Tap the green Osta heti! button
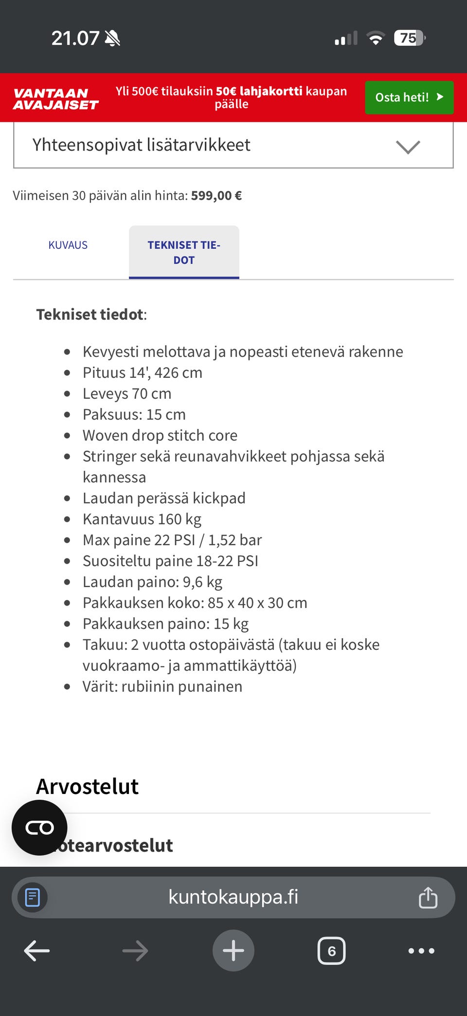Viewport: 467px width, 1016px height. pyautogui.click(x=409, y=97)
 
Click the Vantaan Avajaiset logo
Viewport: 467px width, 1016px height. pyautogui.click(x=55, y=99)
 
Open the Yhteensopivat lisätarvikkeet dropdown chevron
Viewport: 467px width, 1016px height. pyautogui.click(x=408, y=147)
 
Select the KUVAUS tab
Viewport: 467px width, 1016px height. pyautogui.click(x=68, y=245)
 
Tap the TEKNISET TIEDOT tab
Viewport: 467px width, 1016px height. pyautogui.click(x=184, y=252)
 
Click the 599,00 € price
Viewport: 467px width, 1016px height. pyautogui.click(x=216, y=196)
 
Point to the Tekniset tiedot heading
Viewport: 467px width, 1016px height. pyautogui.click(x=91, y=314)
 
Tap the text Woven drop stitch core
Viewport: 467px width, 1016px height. pyautogui.click(x=160, y=435)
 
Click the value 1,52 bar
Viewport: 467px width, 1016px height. pyautogui.click(x=235, y=540)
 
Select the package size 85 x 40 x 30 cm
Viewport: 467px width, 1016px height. pyautogui.click(x=257, y=603)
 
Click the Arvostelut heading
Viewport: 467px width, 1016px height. pyautogui.click(x=88, y=787)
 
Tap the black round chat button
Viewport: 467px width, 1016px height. pyautogui.click(x=39, y=828)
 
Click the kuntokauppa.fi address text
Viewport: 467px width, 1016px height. pyautogui.click(x=233, y=897)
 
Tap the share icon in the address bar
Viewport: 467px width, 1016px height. pyautogui.click(x=428, y=898)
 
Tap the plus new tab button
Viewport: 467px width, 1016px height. pyautogui.click(x=233, y=950)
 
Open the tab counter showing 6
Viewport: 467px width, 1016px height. pyautogui.click(x=331, y=951)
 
